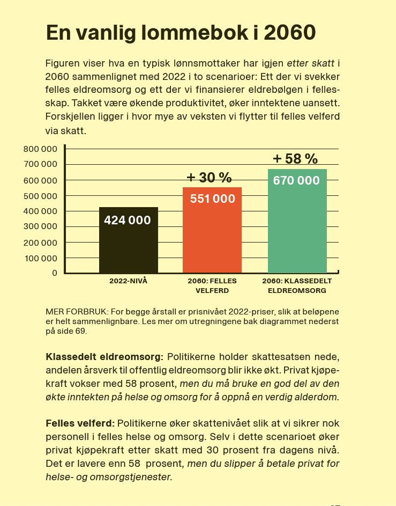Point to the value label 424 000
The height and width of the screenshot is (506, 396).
point(128,220)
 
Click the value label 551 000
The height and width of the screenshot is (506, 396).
point(213,199)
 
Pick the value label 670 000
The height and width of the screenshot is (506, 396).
point(296,180)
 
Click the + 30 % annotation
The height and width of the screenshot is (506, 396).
point(209,178)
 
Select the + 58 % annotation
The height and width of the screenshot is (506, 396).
point(295,159)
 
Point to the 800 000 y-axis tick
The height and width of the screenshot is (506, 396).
point(41,149)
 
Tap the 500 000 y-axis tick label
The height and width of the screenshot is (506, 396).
point(41,196)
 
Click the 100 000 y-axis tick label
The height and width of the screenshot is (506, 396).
point(41,258)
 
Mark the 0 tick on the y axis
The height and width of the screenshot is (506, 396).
point(55,273)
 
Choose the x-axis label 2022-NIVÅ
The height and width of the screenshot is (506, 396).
point(128,281)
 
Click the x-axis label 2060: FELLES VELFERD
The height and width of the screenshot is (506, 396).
point(212,286)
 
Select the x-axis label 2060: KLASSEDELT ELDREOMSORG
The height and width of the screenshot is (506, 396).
point(297,286)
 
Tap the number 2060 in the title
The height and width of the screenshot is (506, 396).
point(290,33)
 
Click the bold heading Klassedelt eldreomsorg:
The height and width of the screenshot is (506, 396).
point(104,357)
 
